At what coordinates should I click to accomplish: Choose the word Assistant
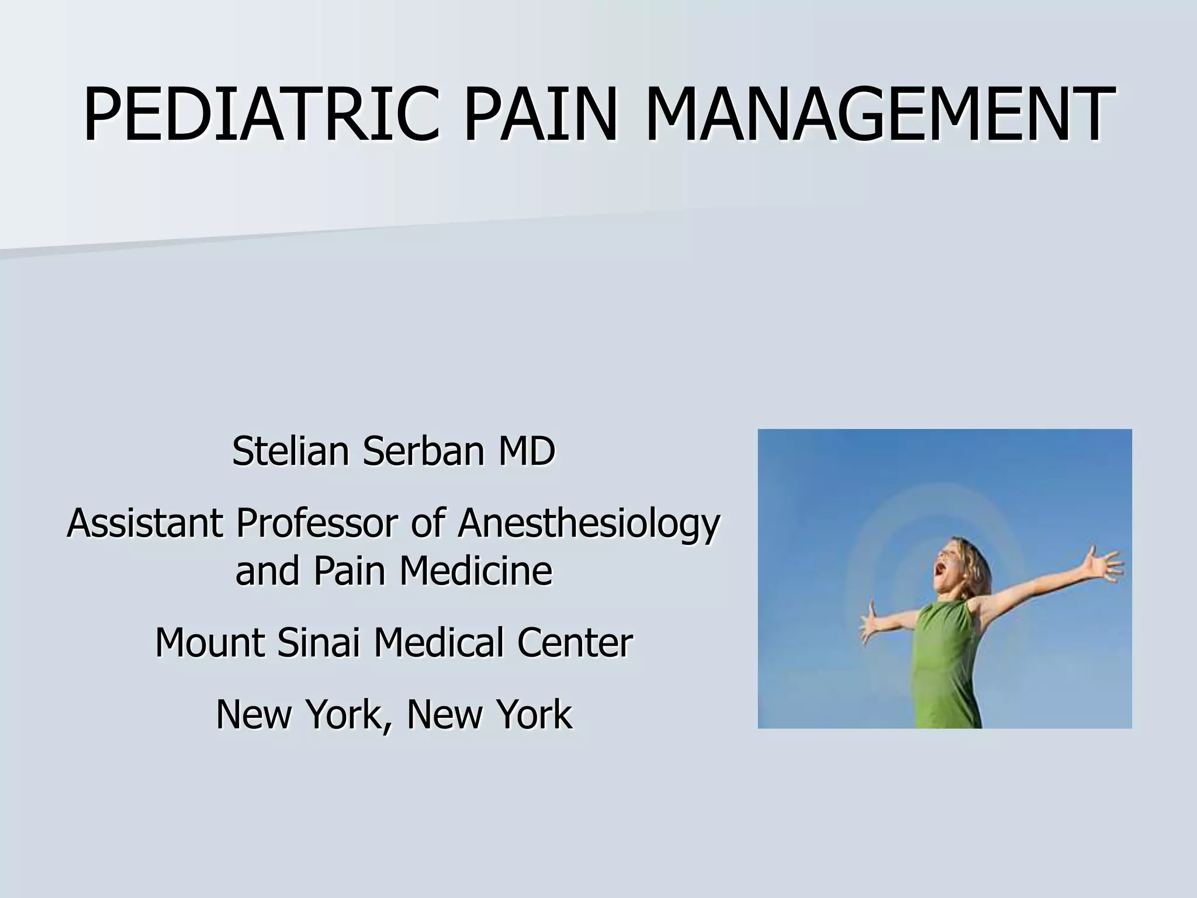(144, 523)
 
